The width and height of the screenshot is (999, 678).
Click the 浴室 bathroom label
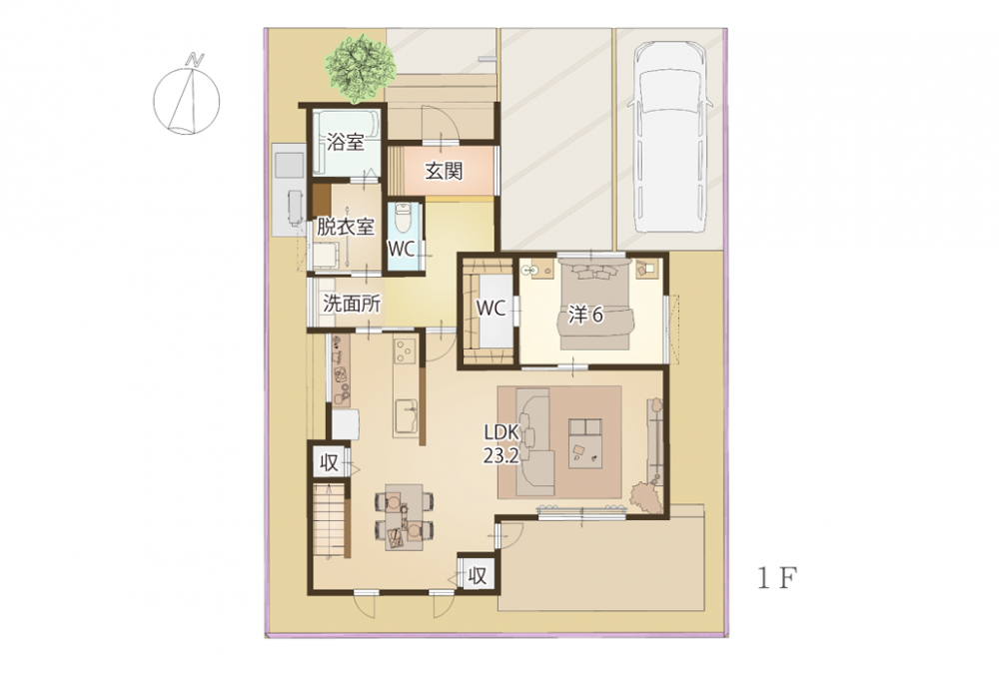coord(346,142)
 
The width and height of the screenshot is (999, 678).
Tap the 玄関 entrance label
coord(444,171)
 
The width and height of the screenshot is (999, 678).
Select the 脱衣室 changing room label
coord(346,226)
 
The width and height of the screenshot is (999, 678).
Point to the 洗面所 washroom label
coord(352,304)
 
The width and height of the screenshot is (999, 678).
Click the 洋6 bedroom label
coord(585,315)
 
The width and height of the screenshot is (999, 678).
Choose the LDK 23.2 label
coord(502,443)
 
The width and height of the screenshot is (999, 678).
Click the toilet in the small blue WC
coord(402,219)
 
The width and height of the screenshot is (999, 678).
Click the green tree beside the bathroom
coord(362,69)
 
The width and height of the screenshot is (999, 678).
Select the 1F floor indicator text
coord(776,578)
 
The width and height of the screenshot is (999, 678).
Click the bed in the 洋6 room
coord(596,303)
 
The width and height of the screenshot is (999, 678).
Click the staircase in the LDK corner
coord(330,521)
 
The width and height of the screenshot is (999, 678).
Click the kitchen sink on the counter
coord(406,416)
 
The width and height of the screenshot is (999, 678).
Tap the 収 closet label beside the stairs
coord(329,463)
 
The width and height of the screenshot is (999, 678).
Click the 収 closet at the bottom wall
coord(477,575)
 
